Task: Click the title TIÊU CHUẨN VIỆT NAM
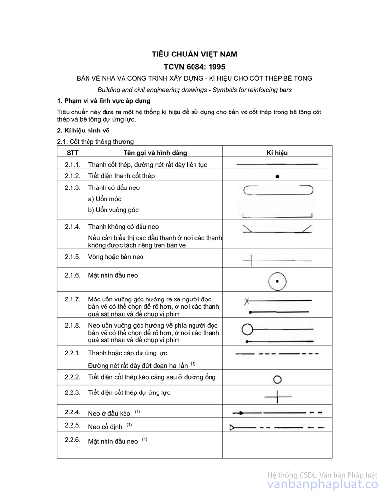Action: click(x=194, y=54)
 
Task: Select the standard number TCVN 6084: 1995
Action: click(x=194, y=67)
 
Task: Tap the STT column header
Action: click(x=72, y=153)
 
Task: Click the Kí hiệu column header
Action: click(x=277, y=153)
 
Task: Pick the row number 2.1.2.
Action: click(x=72, y=176)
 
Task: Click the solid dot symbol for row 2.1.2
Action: click(x=277, y=176)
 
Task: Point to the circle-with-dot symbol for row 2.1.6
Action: click(x=277, y=281)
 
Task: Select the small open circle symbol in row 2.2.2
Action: click(x=278, y=379)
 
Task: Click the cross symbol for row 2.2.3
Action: click(x=278, y=396)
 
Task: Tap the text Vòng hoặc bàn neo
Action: click(x=116, y=257)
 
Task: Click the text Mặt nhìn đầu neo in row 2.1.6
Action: click(x=113, y=275)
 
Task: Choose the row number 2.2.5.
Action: click(x=72, y=425)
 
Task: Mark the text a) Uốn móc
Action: click(x=105, y=199)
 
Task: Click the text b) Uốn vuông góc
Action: click(x=113, y=210)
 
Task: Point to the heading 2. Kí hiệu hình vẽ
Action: click(x=84, y=131)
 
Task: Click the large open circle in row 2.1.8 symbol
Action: click(x=248, y=330)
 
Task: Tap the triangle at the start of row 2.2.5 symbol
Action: click(x=233, y=428)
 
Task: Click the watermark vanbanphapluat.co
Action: click(x=323, y=484)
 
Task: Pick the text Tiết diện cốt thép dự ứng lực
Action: click(x=129, y=392)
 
